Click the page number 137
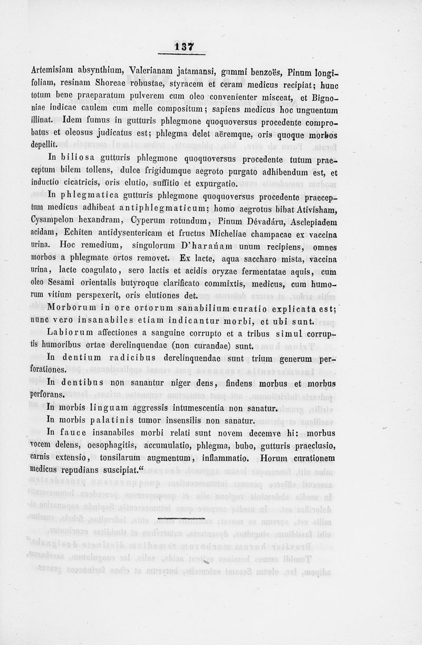pos(183,47)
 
